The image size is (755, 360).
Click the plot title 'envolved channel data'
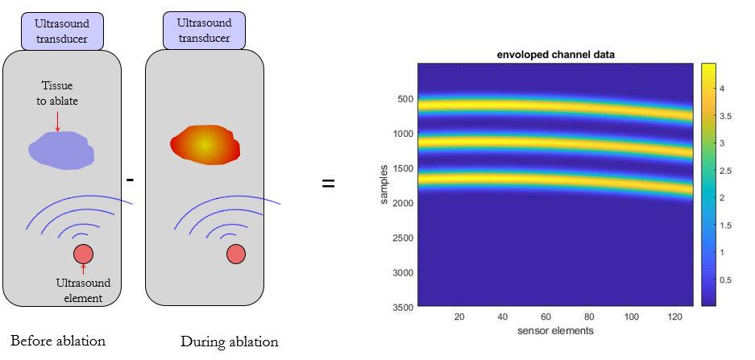(554, 55)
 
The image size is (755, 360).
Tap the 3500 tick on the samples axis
(402, 307)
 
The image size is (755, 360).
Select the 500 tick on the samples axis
(404, 99)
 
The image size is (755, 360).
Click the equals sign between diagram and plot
(329, 184)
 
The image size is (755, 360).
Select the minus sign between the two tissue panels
(129, 180)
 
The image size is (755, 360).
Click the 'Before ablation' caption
(58, 340)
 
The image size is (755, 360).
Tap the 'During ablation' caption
(230, 341)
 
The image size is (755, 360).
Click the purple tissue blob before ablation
(61, 150)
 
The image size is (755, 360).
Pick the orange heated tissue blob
(205, 144)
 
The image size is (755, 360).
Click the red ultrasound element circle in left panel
(84, 254)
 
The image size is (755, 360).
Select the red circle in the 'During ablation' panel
(236, 254)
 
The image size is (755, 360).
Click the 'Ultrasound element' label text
(83, 291)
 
